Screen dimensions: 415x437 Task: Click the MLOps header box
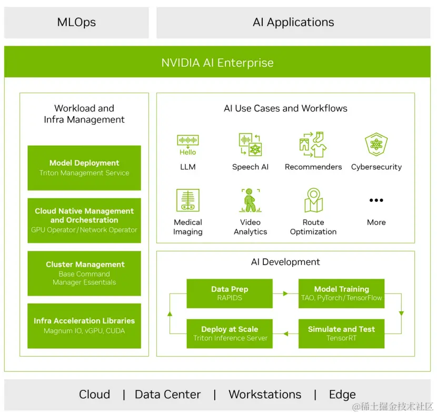pyautogui.click(x=76, y=23)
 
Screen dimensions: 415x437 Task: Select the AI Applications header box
pyautogui.click(x=293, y=23)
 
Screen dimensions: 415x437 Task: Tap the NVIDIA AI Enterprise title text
pyautogui.click(x=217, y=63)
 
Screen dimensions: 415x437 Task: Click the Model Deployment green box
pyautogui.click(x=84, y=168)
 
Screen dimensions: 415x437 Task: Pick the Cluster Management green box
pyautogui.click(x=84, y=273)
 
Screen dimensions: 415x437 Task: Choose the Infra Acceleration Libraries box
pyautogui.click(x=84, y=326)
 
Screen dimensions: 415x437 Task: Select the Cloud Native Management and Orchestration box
pyautogui.click(x=84, y=220)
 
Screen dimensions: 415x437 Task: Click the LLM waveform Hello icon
pyautogui.click(x=188, y=145)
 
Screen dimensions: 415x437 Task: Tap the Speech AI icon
pyautogui.click(x=250, y=145)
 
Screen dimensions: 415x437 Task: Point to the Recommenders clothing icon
pyautogui.click(x=313, y=145)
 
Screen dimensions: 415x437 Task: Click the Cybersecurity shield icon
pyautogui.click(x=376, y=145)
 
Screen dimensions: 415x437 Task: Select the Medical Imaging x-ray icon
pyautogui.click(x=188, y=200)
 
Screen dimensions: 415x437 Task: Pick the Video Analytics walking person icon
pyautogui.click(x=250, y=200)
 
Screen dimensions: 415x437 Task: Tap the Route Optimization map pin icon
pyautogui.click(x=313, y=200)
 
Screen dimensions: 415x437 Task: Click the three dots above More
pyautogui.click(x=376, y=200)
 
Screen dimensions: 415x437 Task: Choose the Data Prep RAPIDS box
pyautogui.click(x=230, y=293)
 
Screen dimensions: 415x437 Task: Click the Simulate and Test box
pyautogui.click(x=341, y=333)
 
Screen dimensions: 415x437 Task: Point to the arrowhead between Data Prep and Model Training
pyautogui.click(x=286, y=293)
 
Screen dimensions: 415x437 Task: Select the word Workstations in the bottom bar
pyautogui.click(x=265, y=394)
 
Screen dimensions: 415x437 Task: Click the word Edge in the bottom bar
pyautogui.click(x=342, y=394)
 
